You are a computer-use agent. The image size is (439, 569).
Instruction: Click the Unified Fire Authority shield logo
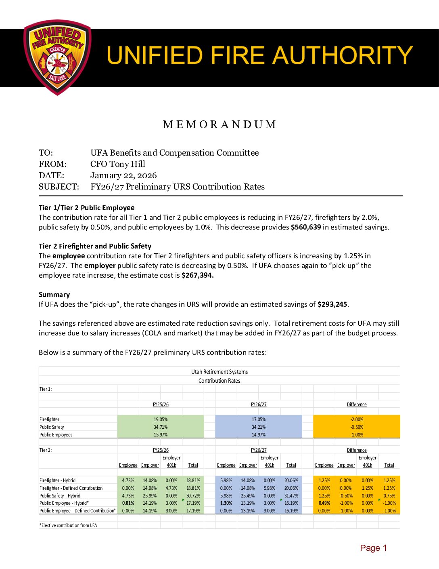pos(57,57)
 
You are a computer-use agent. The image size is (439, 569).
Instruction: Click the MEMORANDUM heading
pos(219,124)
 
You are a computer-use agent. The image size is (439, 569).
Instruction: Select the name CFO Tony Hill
pos(117,164)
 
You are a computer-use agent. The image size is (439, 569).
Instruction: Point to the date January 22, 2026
pos(123,175)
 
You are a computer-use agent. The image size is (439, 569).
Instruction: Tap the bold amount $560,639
pos(305,227)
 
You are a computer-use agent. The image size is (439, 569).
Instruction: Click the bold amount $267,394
pos(197,275)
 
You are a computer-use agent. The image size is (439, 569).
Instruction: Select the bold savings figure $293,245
pos(332,304)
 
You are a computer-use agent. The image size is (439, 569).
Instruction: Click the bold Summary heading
pos(54,295)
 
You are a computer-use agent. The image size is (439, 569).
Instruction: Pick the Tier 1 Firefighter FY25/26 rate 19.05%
pos(161,419)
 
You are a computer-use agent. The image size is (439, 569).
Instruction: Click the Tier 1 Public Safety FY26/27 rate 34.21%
pos(259,427)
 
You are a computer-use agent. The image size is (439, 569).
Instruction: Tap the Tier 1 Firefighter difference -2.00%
pos(357,419)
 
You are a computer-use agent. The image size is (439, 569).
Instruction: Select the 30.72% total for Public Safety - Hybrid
pos(193,496)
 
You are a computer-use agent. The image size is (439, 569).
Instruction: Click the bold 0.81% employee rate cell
pos(128,503)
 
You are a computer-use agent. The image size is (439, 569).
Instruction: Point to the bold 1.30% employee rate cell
pos(226,503)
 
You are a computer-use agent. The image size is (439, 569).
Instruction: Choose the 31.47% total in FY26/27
pos(291,496)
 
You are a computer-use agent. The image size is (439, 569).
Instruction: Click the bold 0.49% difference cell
pos(324,503)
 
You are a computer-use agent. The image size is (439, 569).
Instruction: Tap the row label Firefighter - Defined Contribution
pos(71,488)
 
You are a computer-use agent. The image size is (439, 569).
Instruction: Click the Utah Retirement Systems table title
pos(219,372)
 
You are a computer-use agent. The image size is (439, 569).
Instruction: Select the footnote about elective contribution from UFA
pos(68,525)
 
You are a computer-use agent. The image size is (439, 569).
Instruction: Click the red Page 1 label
pos(373,548)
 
